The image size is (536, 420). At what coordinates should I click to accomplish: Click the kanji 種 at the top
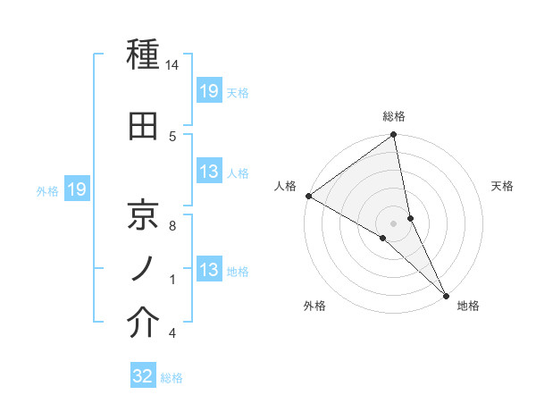(143, 55)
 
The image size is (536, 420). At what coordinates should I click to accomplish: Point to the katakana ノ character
(143, 268)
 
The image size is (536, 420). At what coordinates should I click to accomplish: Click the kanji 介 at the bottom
(143, 323)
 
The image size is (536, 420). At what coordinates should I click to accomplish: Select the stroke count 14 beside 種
(172, 66)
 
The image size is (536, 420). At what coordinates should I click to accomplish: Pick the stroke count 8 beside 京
(172, 226)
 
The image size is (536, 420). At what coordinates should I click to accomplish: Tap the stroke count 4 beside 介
(172, 333)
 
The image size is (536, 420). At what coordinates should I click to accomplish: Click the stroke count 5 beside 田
(172, 136)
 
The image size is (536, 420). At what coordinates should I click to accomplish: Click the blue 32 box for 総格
(144, 376)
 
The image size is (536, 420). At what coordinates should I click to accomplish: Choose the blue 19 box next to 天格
(209, 90)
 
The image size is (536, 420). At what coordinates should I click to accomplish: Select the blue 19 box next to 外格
(77, 189)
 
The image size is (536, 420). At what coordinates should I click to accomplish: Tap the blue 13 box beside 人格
(209, 172)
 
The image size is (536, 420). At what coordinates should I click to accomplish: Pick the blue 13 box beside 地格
(209, 270)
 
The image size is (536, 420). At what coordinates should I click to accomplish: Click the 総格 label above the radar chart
(394, 116)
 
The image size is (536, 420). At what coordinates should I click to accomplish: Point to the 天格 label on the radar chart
(503, 186)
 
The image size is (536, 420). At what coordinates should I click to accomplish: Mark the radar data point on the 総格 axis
(394, 136)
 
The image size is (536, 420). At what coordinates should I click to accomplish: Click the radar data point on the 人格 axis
(308, 196)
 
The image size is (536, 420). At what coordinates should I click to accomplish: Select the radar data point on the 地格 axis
(446, 294)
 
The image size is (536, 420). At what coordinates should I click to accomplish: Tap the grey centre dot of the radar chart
(394, 223)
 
